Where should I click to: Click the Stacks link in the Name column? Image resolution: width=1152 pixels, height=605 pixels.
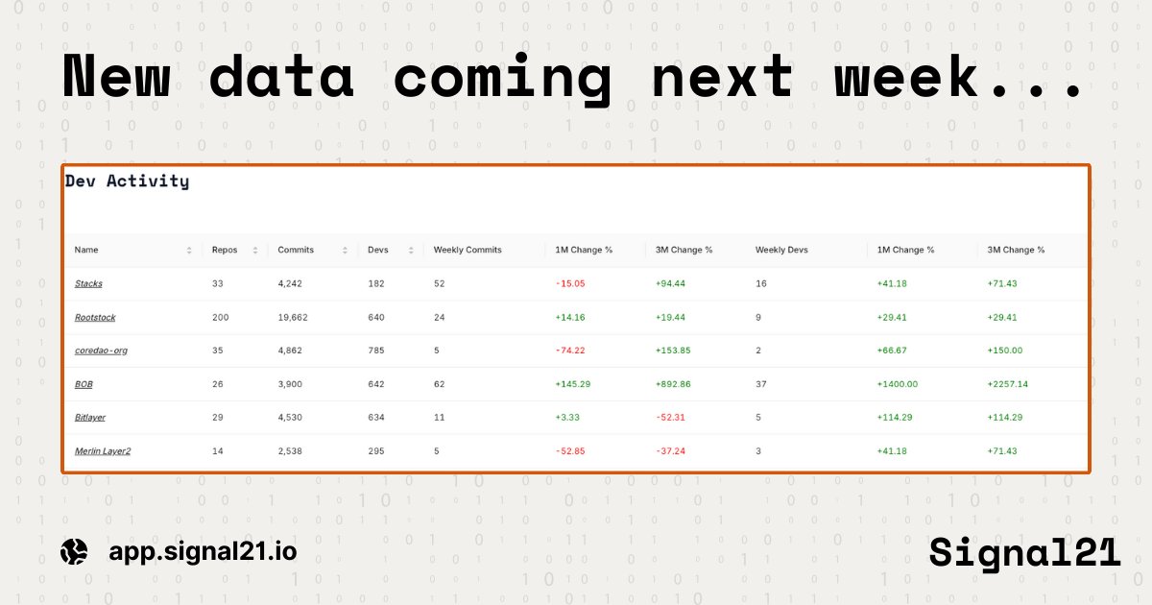(x=88, y=284)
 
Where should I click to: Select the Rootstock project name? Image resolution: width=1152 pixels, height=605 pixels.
(x=95, y=317)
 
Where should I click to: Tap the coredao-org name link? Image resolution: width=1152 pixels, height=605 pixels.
(x=101, y=351)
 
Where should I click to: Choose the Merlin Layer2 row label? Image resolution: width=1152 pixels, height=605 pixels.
(x=103, y=451)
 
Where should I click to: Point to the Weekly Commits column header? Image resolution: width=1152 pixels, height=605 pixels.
(x=468, y=250)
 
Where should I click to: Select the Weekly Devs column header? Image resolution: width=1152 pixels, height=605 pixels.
(x=781, y=250)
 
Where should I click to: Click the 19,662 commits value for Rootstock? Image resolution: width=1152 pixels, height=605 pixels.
(x=295, y=317)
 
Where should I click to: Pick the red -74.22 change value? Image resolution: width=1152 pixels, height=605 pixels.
(x=570, y=351)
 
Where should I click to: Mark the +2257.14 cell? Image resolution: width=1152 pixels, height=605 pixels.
(x=1008, y=384)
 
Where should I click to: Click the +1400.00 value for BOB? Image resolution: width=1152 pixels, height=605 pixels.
(x=898, y=384)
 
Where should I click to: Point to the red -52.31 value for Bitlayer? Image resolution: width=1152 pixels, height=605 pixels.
(x=671, y=418)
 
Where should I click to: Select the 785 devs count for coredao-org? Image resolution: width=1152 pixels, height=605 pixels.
(x=376, y=351)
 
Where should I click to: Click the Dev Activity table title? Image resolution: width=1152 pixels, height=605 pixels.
(x=127, y=181)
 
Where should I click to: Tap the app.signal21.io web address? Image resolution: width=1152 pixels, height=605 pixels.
(x=203, y=551)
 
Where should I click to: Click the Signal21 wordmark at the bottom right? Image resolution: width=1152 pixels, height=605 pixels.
(x=1023, y=552)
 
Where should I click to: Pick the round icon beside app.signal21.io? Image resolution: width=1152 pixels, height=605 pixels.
(x=74, y=551)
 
